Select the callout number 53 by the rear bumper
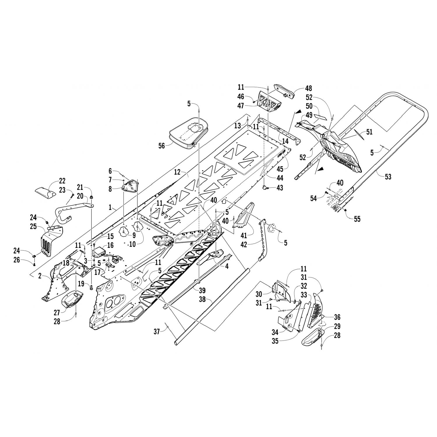pos(388,176)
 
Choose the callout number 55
pos(357,218)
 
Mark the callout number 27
pos(57,313)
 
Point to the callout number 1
pos(110,207)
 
